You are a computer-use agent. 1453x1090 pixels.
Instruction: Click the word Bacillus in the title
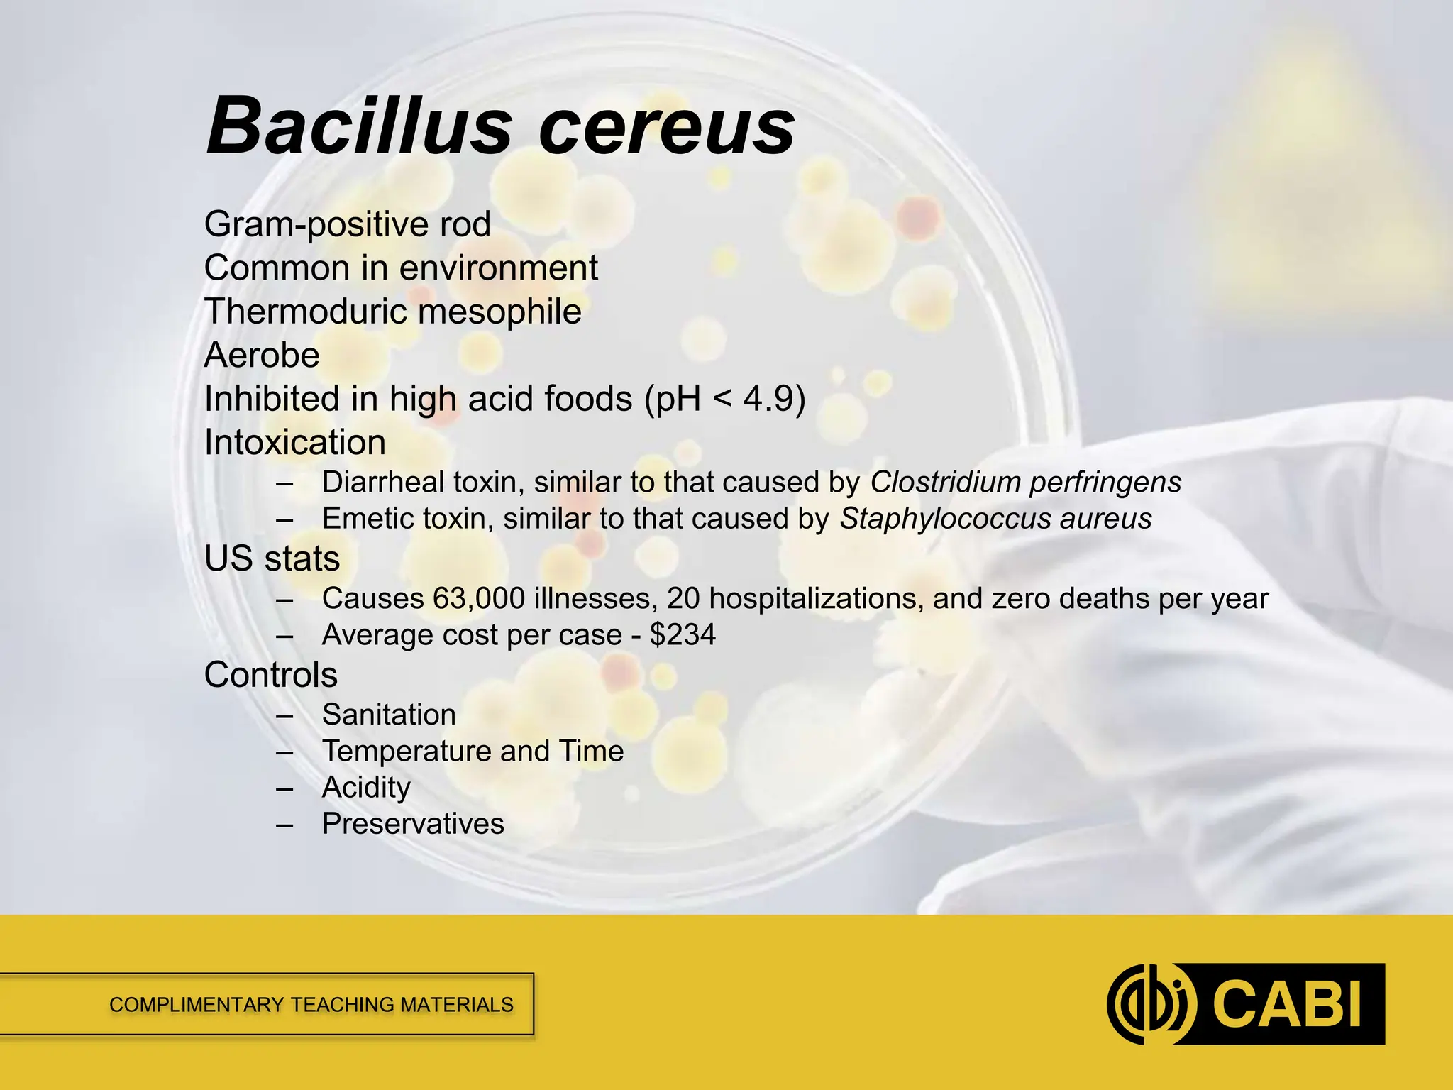[358, 126]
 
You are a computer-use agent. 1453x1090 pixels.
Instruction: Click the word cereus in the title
[667, 128]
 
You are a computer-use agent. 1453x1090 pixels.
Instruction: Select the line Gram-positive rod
[347, 225]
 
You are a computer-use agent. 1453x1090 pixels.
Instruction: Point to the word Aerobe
[262, 355]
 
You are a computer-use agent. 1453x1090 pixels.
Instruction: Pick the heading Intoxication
[294, 443]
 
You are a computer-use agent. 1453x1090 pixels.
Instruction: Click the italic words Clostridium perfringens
[1025, 483]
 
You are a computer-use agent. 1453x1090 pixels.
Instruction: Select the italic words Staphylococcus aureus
[995, 519]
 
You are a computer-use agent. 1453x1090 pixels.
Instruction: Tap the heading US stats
[272, 558]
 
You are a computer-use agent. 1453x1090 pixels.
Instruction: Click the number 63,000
[479, 599]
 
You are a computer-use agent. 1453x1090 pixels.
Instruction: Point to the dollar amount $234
[683, 635]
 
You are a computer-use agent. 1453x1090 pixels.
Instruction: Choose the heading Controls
[270, 675]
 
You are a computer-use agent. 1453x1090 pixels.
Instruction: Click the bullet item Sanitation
[389, 715]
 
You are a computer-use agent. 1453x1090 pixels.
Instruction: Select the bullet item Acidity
[366, 788]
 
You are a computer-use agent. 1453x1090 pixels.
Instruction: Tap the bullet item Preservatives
[413, 824]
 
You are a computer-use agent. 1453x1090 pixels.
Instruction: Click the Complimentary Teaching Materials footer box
[311, 1005]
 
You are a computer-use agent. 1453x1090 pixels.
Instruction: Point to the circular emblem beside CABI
[1150, 1004]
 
